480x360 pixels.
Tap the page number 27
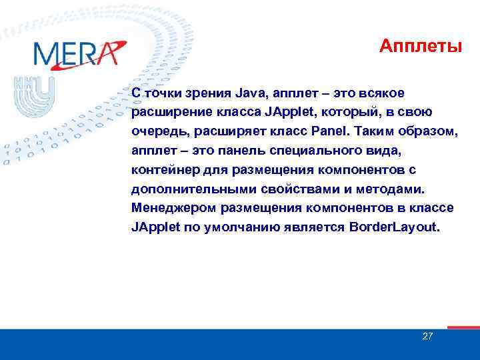point(428,336)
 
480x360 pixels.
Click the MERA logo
point(79,53)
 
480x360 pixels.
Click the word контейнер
point(163,169)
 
